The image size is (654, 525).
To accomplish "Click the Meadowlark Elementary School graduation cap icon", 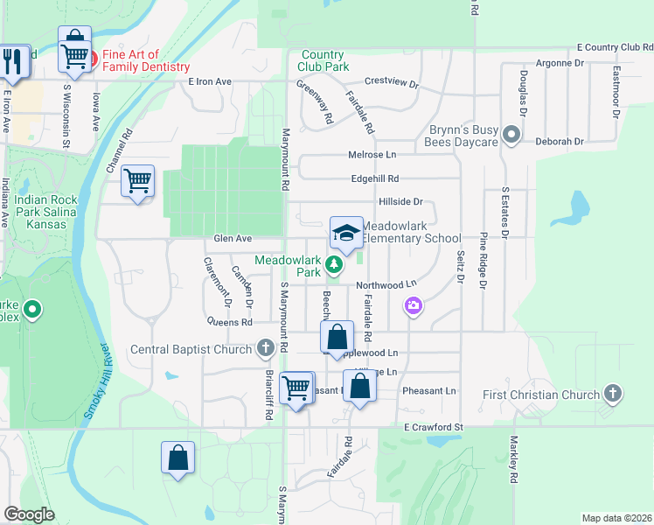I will tap(346, 233).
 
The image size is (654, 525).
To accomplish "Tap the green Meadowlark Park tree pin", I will tap(333, 263).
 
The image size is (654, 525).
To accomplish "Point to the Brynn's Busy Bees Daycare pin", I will tap(512, 136).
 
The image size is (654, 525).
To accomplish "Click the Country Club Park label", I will tap(324, 60).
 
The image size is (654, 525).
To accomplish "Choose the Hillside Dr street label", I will tap(400, 201).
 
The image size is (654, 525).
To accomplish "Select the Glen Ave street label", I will tap(233, 238).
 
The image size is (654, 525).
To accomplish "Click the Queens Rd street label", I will tap(229, 321).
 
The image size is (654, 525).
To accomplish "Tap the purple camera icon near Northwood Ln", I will tap(413, 305).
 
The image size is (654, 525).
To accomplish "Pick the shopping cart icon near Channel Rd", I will tap(138, 181).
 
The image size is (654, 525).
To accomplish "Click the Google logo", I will tap(29, 514).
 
